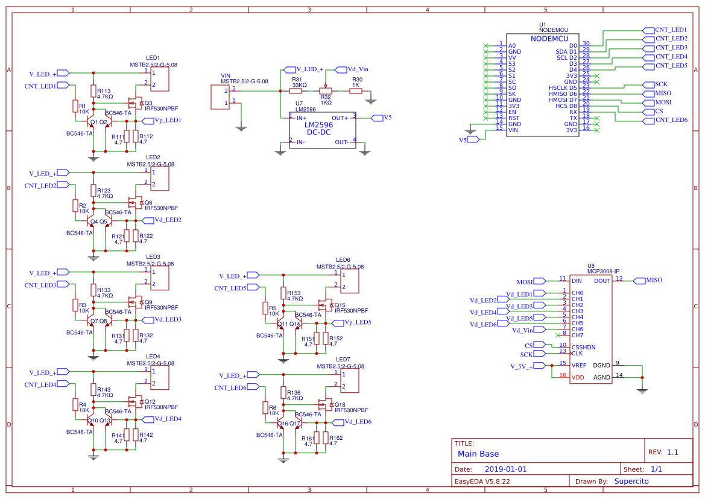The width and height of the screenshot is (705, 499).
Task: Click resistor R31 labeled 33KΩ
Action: [x=296, y=91]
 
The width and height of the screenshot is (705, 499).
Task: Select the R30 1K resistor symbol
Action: [x=356, y=91]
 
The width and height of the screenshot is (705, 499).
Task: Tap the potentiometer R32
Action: [x=326, y=91]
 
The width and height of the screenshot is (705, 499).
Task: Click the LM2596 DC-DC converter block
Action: [x=322, y=129]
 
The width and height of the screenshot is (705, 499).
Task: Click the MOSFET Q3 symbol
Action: [x=134, y=102]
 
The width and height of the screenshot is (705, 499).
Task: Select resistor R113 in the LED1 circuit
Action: [x=93, y=91]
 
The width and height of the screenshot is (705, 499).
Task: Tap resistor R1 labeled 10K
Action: [x=75, y=107]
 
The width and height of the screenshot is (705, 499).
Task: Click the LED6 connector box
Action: [x=350, y=281]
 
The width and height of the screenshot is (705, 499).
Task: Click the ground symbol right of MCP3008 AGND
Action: [x=642, y=390]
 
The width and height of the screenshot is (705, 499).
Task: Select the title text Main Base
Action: [x=478, y=454]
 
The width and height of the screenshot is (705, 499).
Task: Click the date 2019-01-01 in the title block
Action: [x=506, y=469]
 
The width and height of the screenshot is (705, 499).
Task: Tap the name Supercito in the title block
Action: [x=631, y=482]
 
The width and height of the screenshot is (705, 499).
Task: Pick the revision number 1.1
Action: [x=672, y=452]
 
